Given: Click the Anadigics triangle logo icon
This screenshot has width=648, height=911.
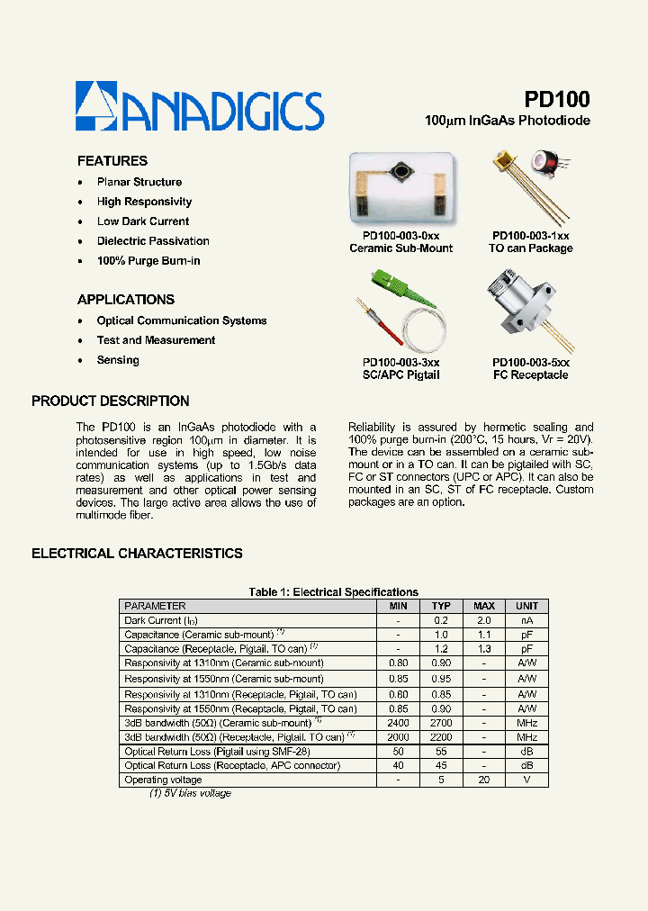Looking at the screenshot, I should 96,106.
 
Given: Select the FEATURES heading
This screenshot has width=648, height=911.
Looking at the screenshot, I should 112,161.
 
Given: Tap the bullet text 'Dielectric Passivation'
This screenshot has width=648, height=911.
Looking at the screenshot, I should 153,241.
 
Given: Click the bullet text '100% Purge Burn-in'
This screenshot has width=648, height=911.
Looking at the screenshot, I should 148,261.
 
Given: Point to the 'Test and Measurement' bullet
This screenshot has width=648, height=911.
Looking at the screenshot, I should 156,340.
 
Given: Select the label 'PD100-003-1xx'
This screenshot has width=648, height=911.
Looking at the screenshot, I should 530,235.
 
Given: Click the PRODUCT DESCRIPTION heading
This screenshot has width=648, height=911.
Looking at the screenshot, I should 111,401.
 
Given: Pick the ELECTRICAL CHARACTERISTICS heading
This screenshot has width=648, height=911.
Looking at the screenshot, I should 137,554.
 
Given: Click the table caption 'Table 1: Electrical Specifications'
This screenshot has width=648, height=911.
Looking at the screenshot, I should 333,592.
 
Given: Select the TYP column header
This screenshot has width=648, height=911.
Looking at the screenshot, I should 441,607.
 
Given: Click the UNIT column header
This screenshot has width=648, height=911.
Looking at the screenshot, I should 526,607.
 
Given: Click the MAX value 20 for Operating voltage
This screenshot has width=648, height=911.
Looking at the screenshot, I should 484,780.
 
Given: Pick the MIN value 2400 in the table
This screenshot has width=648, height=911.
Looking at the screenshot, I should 398,723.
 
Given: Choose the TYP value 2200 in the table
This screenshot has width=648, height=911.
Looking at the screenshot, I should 441,737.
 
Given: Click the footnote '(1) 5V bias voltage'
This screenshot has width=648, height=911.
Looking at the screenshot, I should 190,794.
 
